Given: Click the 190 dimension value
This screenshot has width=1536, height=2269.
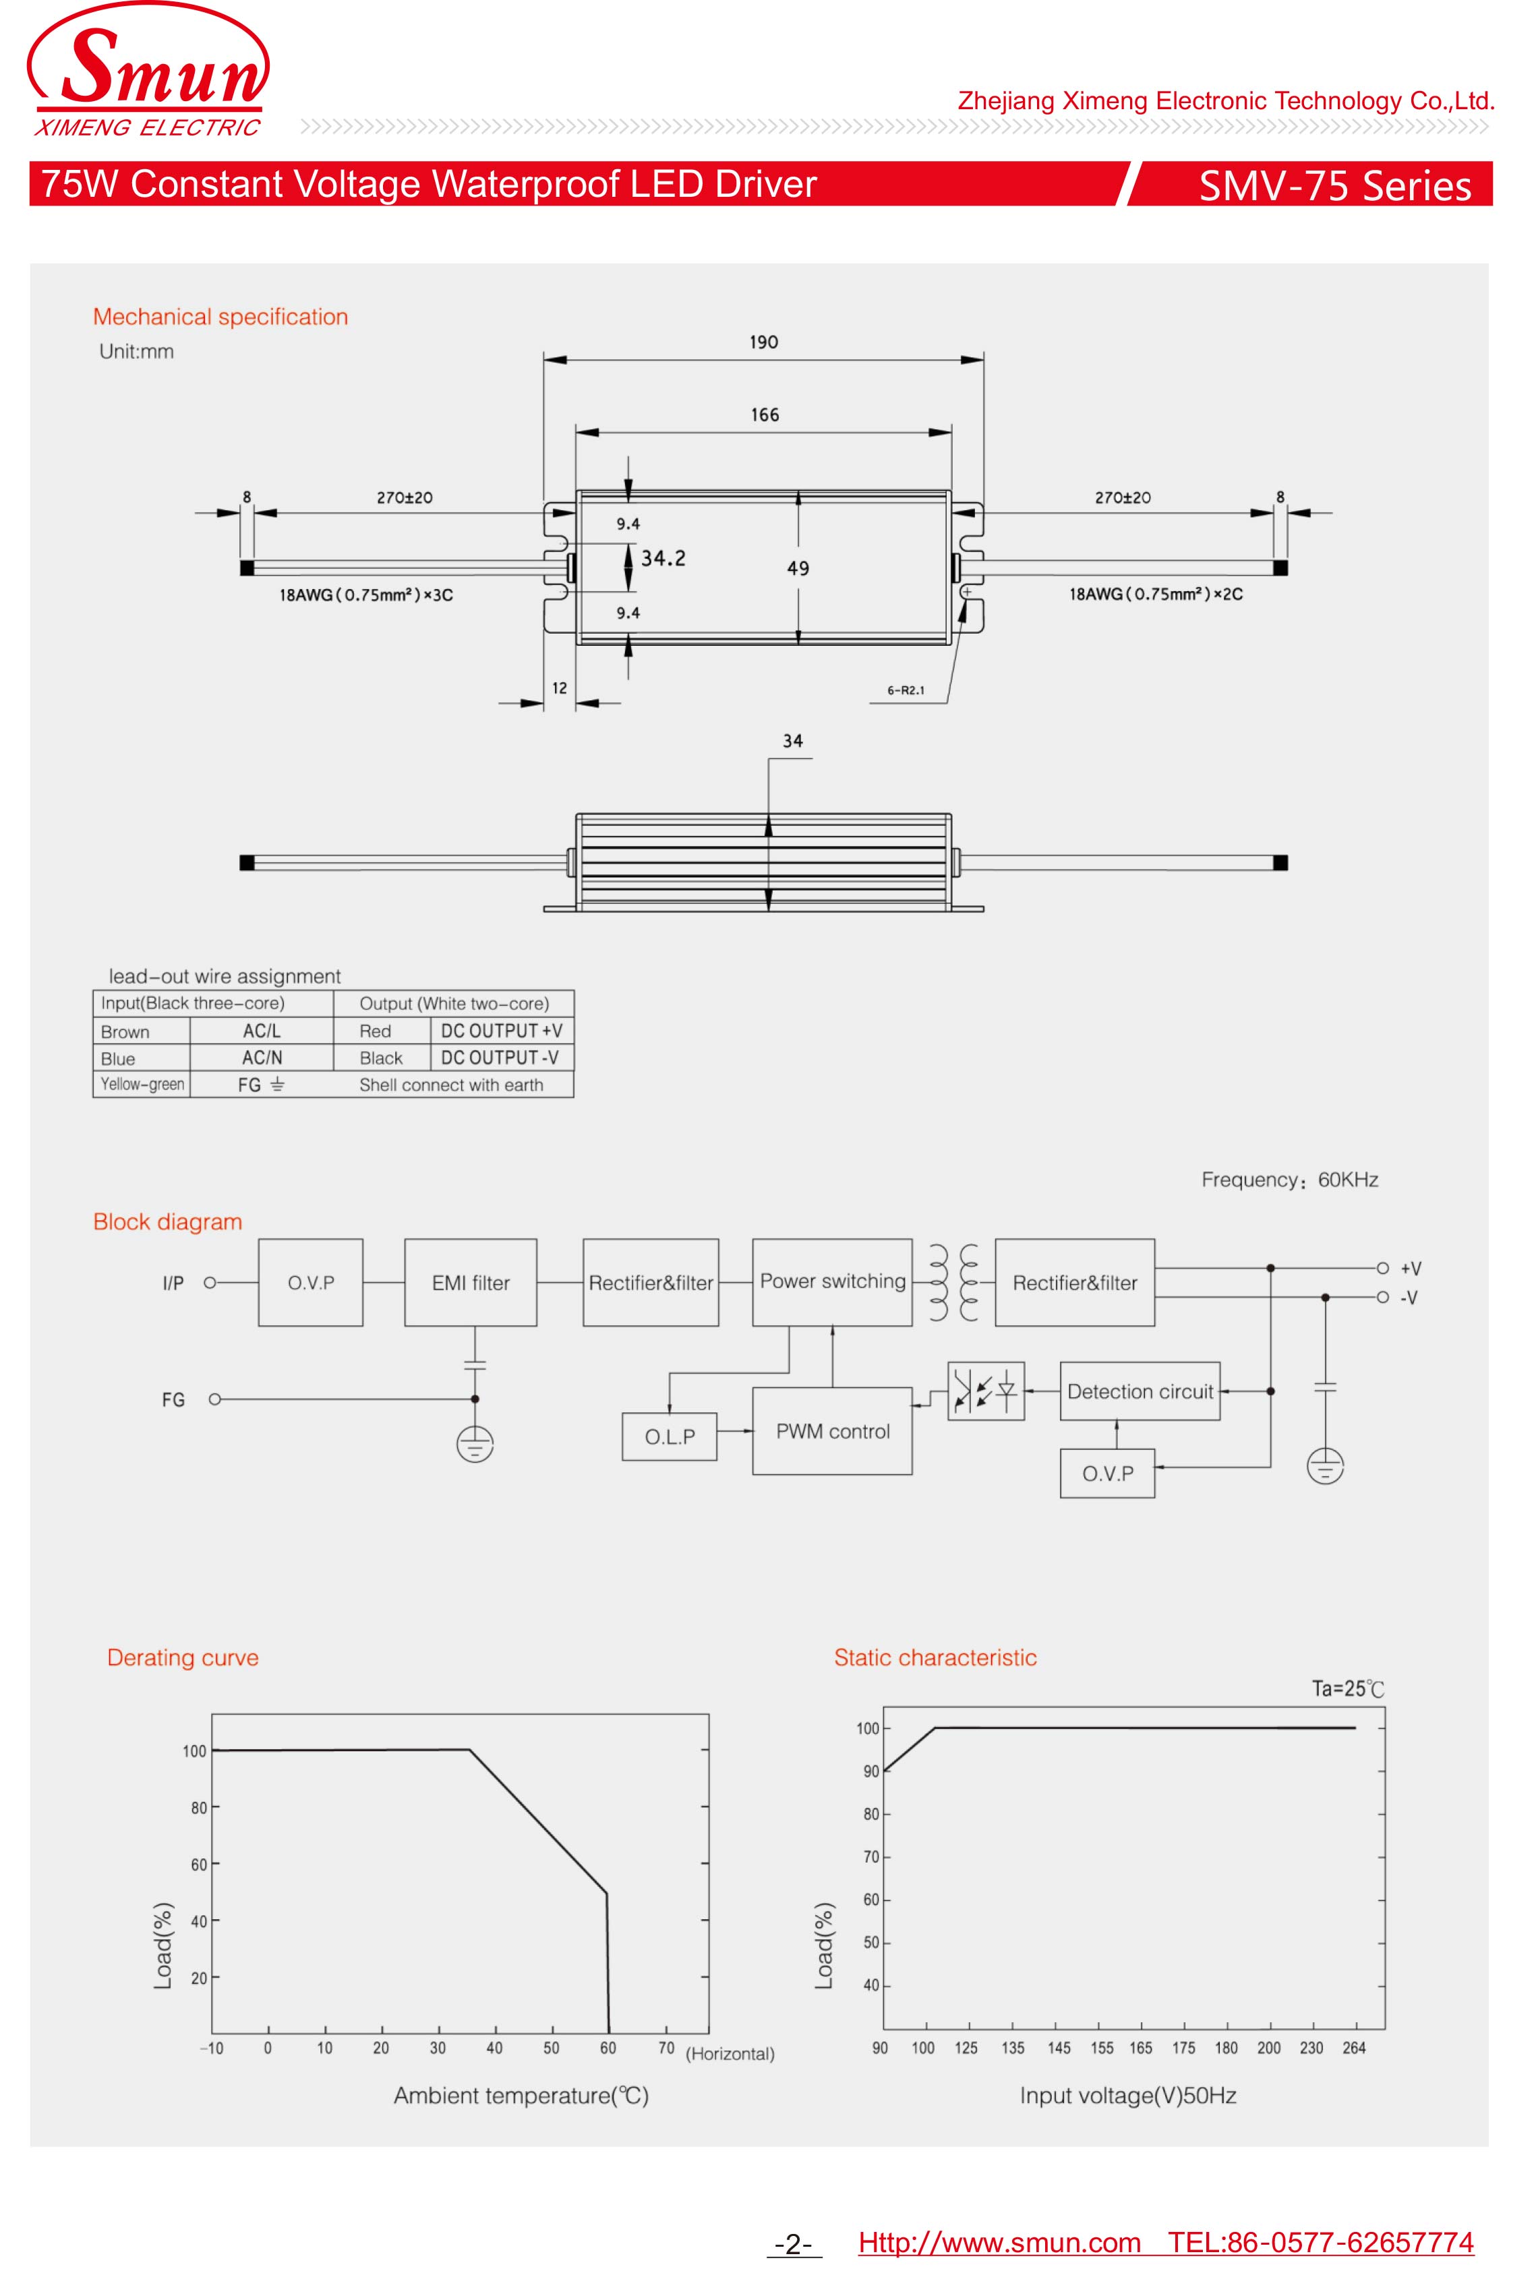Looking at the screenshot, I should pyautogui.click(x=763, y=342).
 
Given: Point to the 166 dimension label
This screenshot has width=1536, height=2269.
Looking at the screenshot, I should pyautogui.click(x=765, y=416).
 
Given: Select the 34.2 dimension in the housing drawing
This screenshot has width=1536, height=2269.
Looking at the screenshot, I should pyautogui.click(x=663, y=558).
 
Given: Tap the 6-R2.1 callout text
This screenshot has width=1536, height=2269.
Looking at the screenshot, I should pyautogui.click(x=905, y=690).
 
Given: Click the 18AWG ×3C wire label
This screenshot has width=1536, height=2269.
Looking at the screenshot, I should pyautogui.click(x=366, y=595).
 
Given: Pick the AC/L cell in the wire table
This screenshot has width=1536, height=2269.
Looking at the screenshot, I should pyautogui.click(x=261, y=1031).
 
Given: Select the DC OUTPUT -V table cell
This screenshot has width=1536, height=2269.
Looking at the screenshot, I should pyautogui.click(x=500, y=1058).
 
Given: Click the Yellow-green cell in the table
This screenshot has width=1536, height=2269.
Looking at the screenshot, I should pyautogui.click(x=142, y=1085).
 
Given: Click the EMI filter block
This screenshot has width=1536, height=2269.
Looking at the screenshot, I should pyautogui.click(x=471, y=1283).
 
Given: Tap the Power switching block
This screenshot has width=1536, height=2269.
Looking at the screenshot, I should pyautogui.click(x=832, y=1282).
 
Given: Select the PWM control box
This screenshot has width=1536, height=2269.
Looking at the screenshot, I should pyautogui.click(x=832, y=1431).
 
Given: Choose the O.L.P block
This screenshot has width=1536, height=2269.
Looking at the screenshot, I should pyautogui.click(x=670, y=1436).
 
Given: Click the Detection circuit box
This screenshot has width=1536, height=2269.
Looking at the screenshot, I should pyautogui.click(x=1140, y=1391).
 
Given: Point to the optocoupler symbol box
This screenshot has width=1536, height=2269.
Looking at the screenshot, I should pyautogui.click(x=985, y=1391).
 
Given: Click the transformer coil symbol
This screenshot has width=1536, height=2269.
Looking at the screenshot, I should pyautogui.click(x=953, y=1283).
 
